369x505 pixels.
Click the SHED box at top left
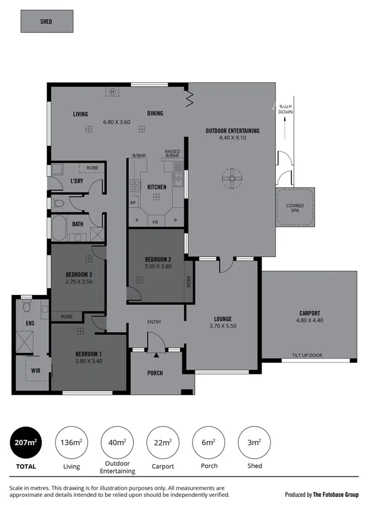46,22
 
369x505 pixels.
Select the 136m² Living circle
71,442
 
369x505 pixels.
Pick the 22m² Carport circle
163,442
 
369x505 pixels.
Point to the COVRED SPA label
295,208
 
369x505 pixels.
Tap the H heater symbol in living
112,91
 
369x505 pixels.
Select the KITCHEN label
157,187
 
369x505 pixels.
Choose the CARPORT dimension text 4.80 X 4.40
309,320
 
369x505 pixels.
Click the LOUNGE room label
222,319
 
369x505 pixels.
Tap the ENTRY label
155,322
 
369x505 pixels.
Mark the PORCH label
155,373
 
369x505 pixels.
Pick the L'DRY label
77,182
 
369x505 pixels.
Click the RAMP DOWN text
285,109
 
